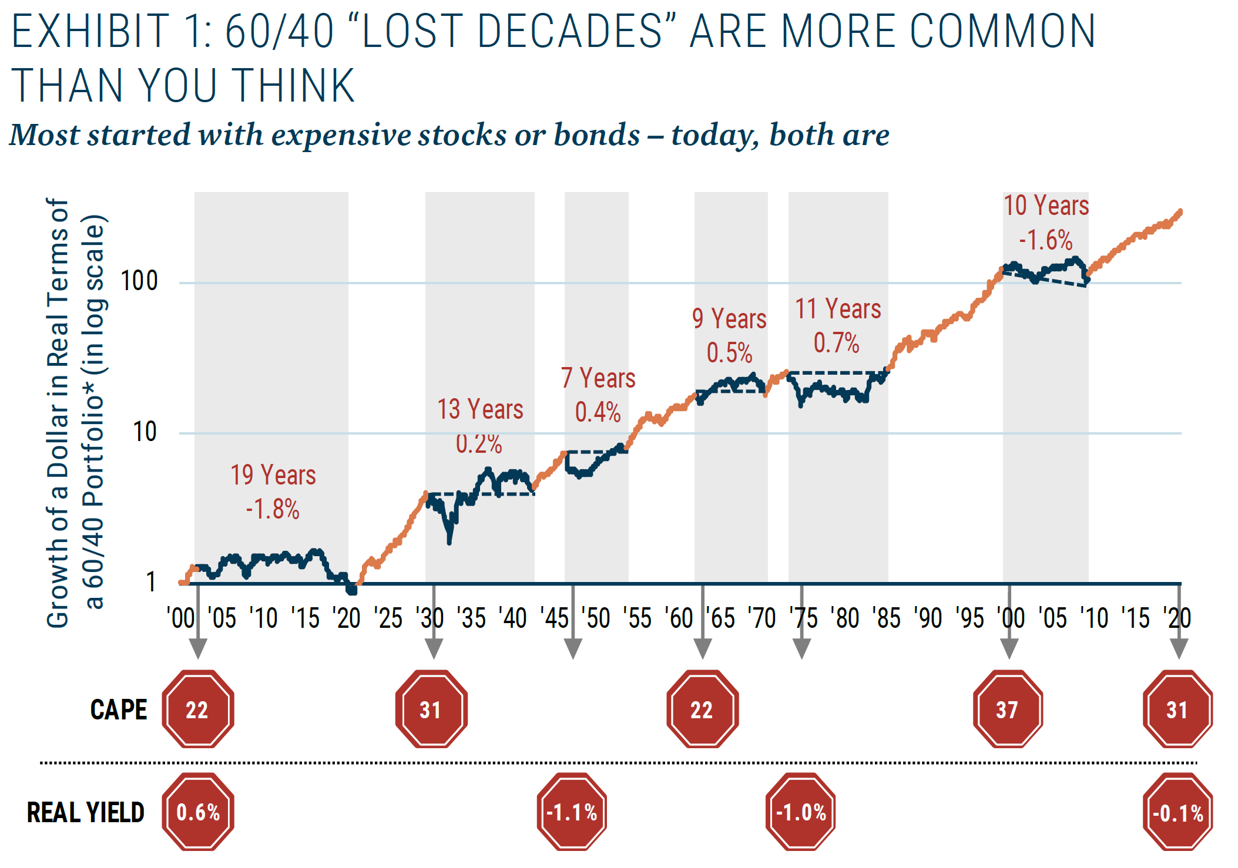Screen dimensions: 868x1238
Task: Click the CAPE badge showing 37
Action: click(x=1007, y=709)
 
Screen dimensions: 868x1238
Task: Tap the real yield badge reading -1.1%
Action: click(x=572, y=812)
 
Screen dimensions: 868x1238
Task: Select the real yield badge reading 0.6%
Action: click(x=198, y=812)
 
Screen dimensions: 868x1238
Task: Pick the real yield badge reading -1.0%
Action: click(x=801, y=812)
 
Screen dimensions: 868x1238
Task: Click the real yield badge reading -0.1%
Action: click(x=1177, y=813)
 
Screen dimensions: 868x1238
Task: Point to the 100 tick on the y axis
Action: click(x=139, y=281)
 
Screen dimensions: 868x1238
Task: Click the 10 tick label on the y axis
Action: click(x=145, y=433)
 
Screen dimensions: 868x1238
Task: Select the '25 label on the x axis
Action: click(x=388, y=618)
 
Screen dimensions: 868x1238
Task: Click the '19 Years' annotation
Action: click(x=273, y=475)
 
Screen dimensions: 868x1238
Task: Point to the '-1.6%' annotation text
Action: click(x=1045, y=240)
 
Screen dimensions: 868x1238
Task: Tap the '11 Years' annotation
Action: click(x=837, y=309)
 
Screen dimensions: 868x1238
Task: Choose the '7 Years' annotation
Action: click(x=598, y=378)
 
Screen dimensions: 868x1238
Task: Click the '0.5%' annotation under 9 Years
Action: click(x=729, y=353)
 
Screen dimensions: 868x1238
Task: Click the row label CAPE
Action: click(x=118, y=709)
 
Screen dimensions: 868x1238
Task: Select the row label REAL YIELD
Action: click(x=86, y=812)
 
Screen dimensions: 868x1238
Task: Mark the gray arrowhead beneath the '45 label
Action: click(x=573, y=648)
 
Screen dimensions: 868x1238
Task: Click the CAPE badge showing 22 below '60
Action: click(x=702, y=709)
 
